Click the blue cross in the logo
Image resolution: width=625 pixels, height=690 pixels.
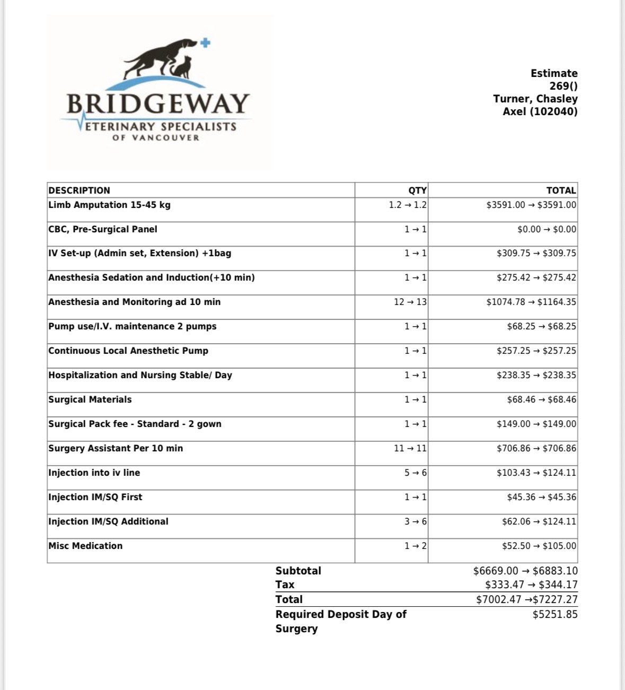[x=205, y=43]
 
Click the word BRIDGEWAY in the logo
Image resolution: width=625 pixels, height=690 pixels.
[x=158, y=103]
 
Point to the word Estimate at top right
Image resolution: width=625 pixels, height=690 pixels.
[x=554, y=73]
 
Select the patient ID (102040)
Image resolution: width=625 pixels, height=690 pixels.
[x=554, y=111]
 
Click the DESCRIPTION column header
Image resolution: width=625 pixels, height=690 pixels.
[x=80, y=190]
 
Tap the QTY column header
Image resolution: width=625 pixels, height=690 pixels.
[x=417, y=190]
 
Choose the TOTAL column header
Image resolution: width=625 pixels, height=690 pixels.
[x=561, y=190]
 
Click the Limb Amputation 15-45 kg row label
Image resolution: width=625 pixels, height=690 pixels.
[x=109, y=205]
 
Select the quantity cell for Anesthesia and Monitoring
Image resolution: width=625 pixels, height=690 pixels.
[x=410, y=302]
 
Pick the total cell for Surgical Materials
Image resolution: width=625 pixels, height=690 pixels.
[x=541, y=399]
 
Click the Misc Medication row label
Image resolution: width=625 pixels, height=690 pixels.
[x=85, y=546]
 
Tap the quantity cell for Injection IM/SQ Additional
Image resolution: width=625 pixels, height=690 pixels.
[x=415, y=521]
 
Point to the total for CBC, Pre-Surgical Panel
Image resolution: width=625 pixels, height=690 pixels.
[x=547, y=229]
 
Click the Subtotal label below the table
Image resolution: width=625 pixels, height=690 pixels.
[x=298, y=571]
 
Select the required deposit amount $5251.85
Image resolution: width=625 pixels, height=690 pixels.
[x=555, y=614]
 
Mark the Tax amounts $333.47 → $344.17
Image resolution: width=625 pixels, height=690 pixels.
[x=531, y=584]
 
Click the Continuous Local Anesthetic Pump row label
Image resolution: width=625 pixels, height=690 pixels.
[x=128, y=351]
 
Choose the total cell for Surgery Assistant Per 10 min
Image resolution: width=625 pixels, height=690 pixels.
[x=536, y=448]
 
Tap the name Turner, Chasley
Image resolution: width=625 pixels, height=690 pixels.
[x=535, y=99]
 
